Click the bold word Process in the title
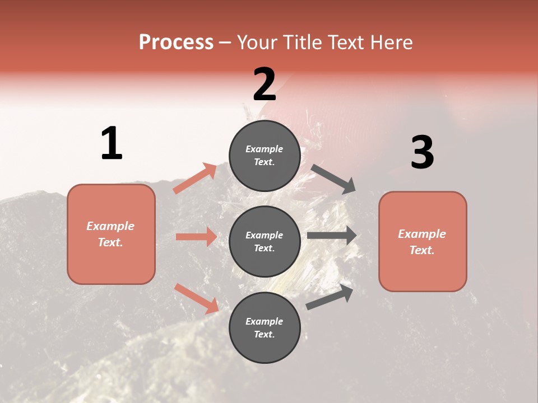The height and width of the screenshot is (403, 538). point(176,42)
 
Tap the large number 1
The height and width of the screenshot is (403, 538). point(112,143)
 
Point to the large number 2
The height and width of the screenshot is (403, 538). point(265,85)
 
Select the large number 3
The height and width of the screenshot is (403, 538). point(422,153)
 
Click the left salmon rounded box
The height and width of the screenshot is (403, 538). point(111,234)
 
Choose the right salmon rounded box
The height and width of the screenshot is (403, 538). point(423,242)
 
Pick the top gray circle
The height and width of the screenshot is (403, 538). point(265,156)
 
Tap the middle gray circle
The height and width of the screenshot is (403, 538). point(265,241)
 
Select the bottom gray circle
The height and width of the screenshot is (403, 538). point(265,327)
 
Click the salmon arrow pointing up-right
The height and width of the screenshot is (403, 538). point(195,179)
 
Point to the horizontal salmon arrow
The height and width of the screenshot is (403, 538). point(196,237)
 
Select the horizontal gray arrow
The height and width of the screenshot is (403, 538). point(332,236)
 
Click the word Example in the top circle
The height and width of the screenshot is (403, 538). point(265,149)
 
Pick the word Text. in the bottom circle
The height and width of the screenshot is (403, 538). point(265,334)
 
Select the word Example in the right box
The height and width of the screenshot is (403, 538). point(422,234)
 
